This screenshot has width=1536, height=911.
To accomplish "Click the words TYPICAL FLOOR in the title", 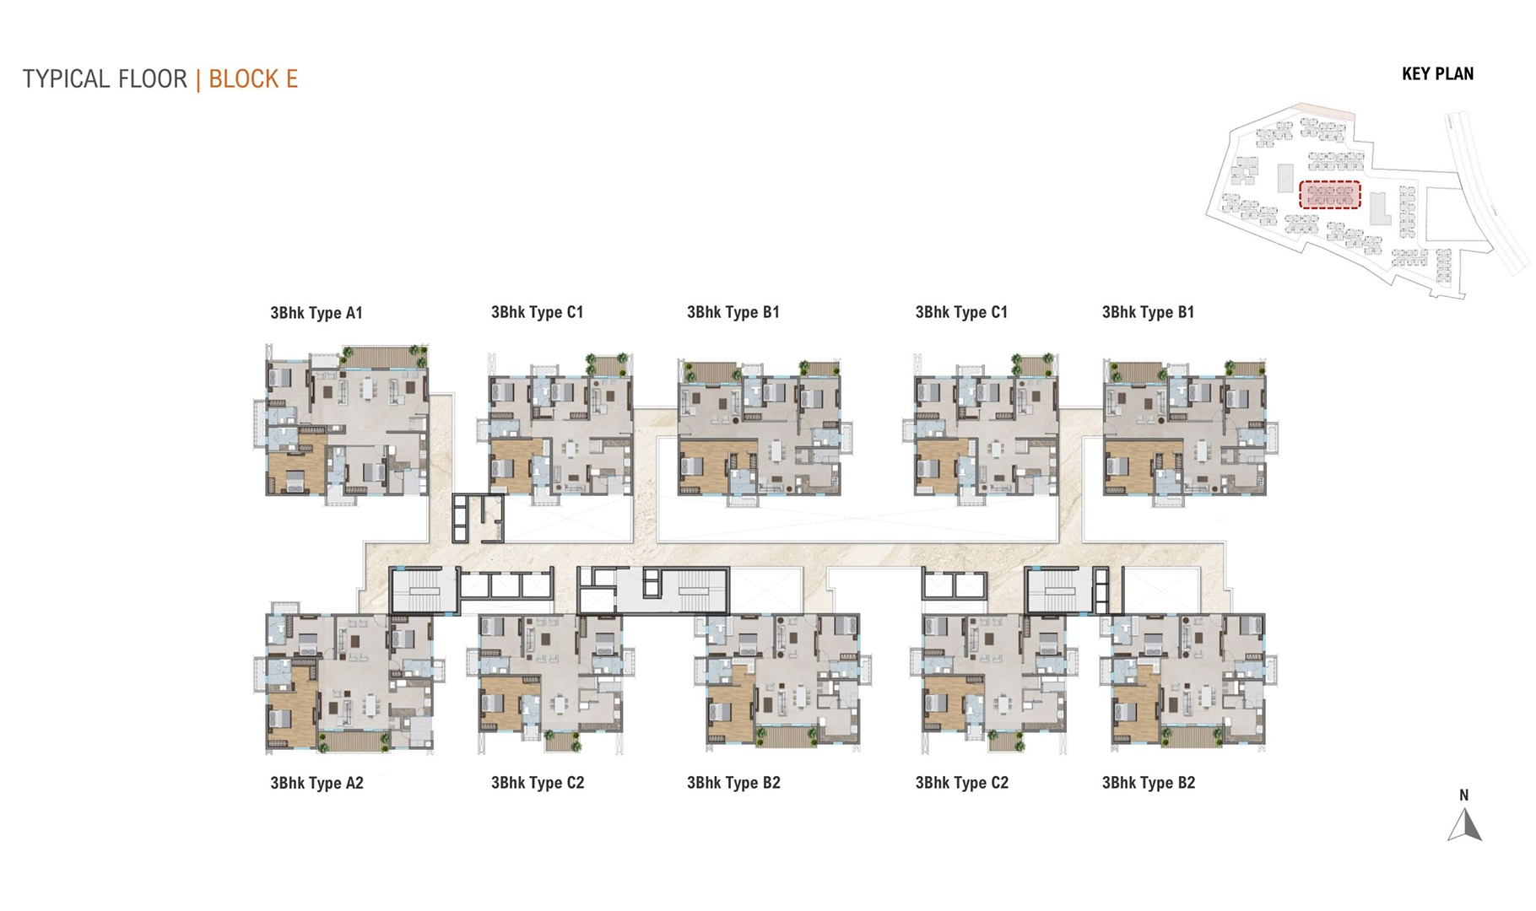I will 105,79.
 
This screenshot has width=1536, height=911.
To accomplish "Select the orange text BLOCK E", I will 253,79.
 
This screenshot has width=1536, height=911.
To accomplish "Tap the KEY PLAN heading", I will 1437,74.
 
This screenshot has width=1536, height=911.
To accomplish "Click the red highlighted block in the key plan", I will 1329,195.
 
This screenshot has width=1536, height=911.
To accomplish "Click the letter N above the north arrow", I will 1464,795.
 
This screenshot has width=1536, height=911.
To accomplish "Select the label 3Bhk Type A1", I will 316,313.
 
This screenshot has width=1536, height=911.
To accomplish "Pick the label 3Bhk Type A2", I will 316,783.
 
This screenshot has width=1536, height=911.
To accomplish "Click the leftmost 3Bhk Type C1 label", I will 537,312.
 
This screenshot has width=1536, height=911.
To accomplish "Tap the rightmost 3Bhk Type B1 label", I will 1148,312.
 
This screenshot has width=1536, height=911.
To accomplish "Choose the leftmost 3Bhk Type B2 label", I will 733,783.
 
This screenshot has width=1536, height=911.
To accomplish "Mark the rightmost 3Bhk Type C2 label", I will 961,783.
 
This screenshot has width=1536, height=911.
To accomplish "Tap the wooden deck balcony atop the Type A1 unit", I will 376,358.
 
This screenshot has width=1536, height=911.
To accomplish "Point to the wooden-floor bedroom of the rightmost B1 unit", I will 1130,466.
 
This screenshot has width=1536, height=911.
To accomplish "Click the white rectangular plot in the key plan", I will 1451,214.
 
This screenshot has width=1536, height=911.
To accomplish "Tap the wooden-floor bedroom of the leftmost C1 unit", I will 513,464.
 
